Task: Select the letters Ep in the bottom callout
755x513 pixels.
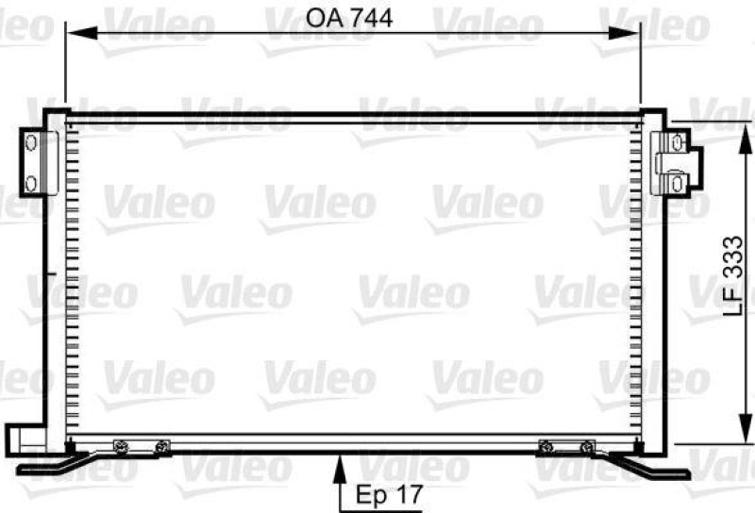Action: pyautogui.click(x=369, y=493)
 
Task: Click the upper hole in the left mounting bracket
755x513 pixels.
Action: pyautogui.click(x=29, y=142)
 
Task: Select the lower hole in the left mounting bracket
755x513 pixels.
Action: pyautogui.click(x=29, y=181)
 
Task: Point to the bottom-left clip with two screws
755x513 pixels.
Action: pyautogui.click(x=140, y=446)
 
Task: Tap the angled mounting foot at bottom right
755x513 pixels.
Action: pyautogui.click(x=651, y=465)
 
